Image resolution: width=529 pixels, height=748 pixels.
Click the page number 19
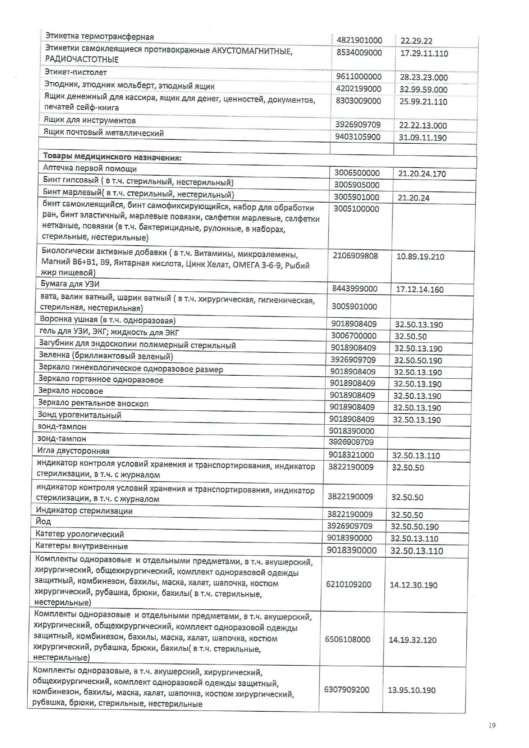pyautogui.click(x=492, y=725)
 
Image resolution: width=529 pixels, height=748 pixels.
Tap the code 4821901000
pyautogui.click(x=359, y=41)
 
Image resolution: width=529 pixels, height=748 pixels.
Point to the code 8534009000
pyautogui.click(x=359, y=53)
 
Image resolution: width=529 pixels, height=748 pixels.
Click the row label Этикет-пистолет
pyautogui.click(x=76, y=72)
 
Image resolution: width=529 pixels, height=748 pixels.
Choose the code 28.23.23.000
pyautogui.click(x=424, y=78)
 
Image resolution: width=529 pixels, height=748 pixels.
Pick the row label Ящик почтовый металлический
pyautogui.click(x=104, y=133)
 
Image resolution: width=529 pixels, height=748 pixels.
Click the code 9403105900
pyautogui.click(x=358, y=137)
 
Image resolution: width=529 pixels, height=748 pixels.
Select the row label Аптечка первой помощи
pyautogui.click(x=90, y=168)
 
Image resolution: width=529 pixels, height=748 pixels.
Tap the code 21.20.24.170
pyautogui.click(x=422, y=174)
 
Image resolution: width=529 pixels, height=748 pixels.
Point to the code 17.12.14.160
pyautogui.click(x=420, y=290)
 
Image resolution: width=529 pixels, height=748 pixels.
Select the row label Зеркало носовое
pyautogui.click(x=70, y=391)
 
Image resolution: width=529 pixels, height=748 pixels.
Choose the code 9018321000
pyautogui.click(x=351, y=455)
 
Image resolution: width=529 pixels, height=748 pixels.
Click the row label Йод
pyautogui.click(x=43, y=522)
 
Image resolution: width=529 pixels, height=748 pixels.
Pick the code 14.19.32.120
pyautogui.click(x=413, y=640)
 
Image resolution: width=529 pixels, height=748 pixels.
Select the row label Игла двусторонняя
pyautogui.click(x=73, y=451)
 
